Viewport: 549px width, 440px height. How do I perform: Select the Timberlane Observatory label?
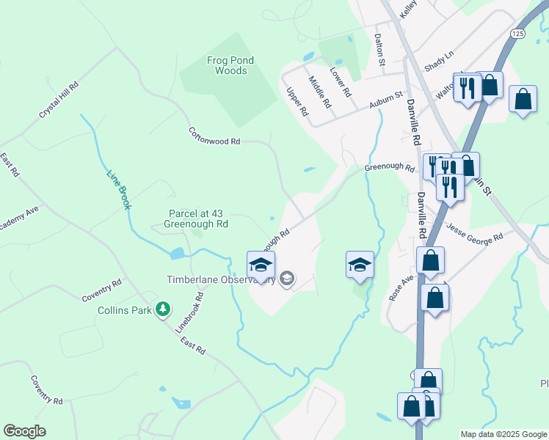pos(219,279)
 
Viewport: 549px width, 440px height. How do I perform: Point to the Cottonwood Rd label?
pos(214,136)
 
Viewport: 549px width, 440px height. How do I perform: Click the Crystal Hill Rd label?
pos(59,101)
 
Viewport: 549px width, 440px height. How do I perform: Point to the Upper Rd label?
pos(297,101)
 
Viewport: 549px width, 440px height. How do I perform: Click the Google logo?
pos(24,431)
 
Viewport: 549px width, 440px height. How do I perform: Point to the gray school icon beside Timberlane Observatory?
pos(287,278)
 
